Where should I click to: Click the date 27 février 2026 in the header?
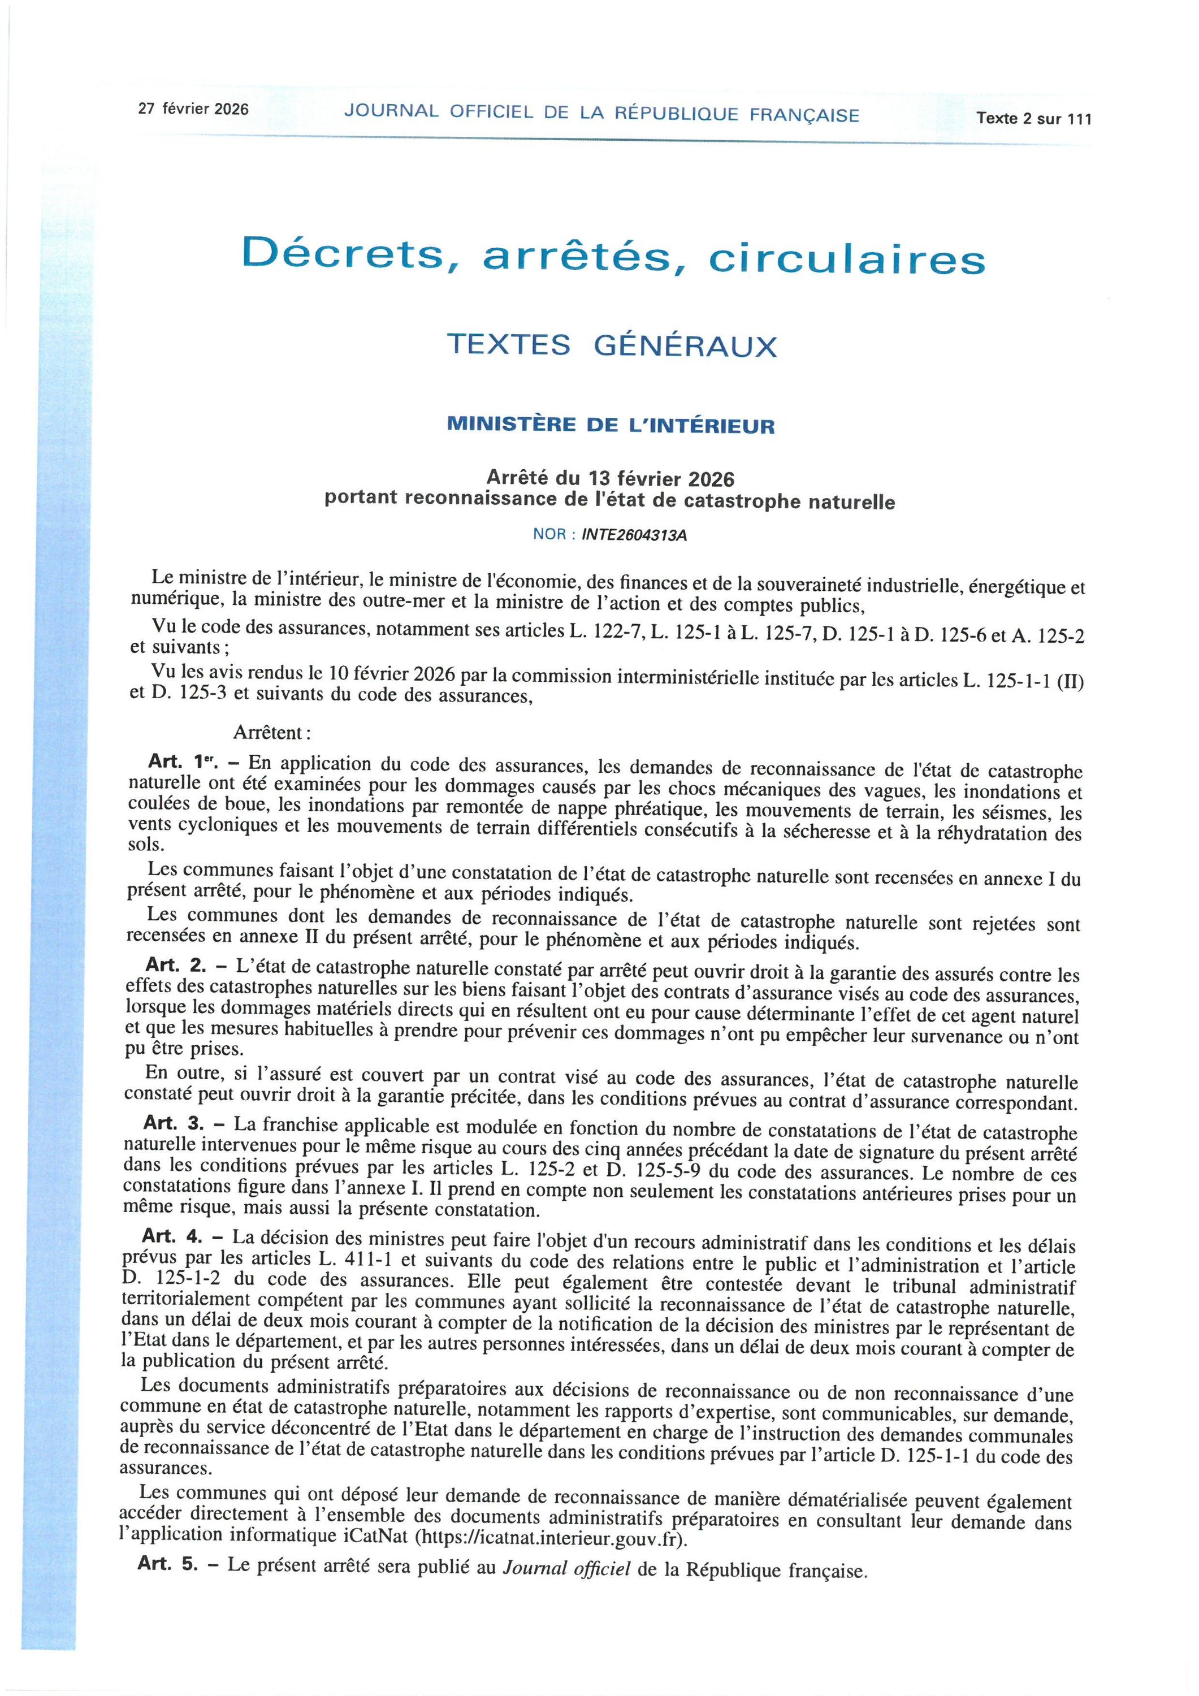(193, 109)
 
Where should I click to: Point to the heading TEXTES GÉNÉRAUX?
(612, 345)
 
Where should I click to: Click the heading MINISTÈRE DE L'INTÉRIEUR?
(612, 426)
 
